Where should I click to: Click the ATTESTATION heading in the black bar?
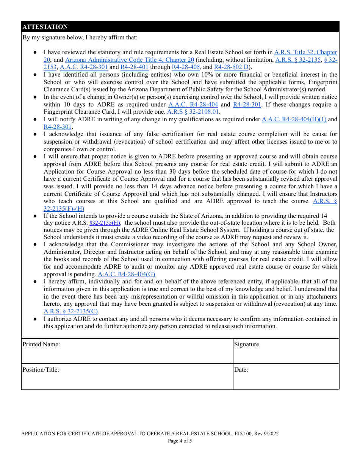click(45, 27)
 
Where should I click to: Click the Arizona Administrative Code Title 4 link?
click(130, 60)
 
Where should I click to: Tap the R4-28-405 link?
click(186, 67)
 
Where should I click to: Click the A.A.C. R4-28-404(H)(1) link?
click(294, 119)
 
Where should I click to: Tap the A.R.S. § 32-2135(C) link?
click(70, 311)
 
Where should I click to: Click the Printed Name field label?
click(41, 344)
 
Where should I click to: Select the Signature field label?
click(246, 344)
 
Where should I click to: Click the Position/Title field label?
click(41, 370)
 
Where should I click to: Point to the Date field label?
click(241, 370)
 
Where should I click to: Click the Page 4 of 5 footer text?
click(180, 441)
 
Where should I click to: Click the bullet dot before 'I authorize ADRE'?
click(35, 319)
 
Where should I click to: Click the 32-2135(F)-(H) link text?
click(64, 209)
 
